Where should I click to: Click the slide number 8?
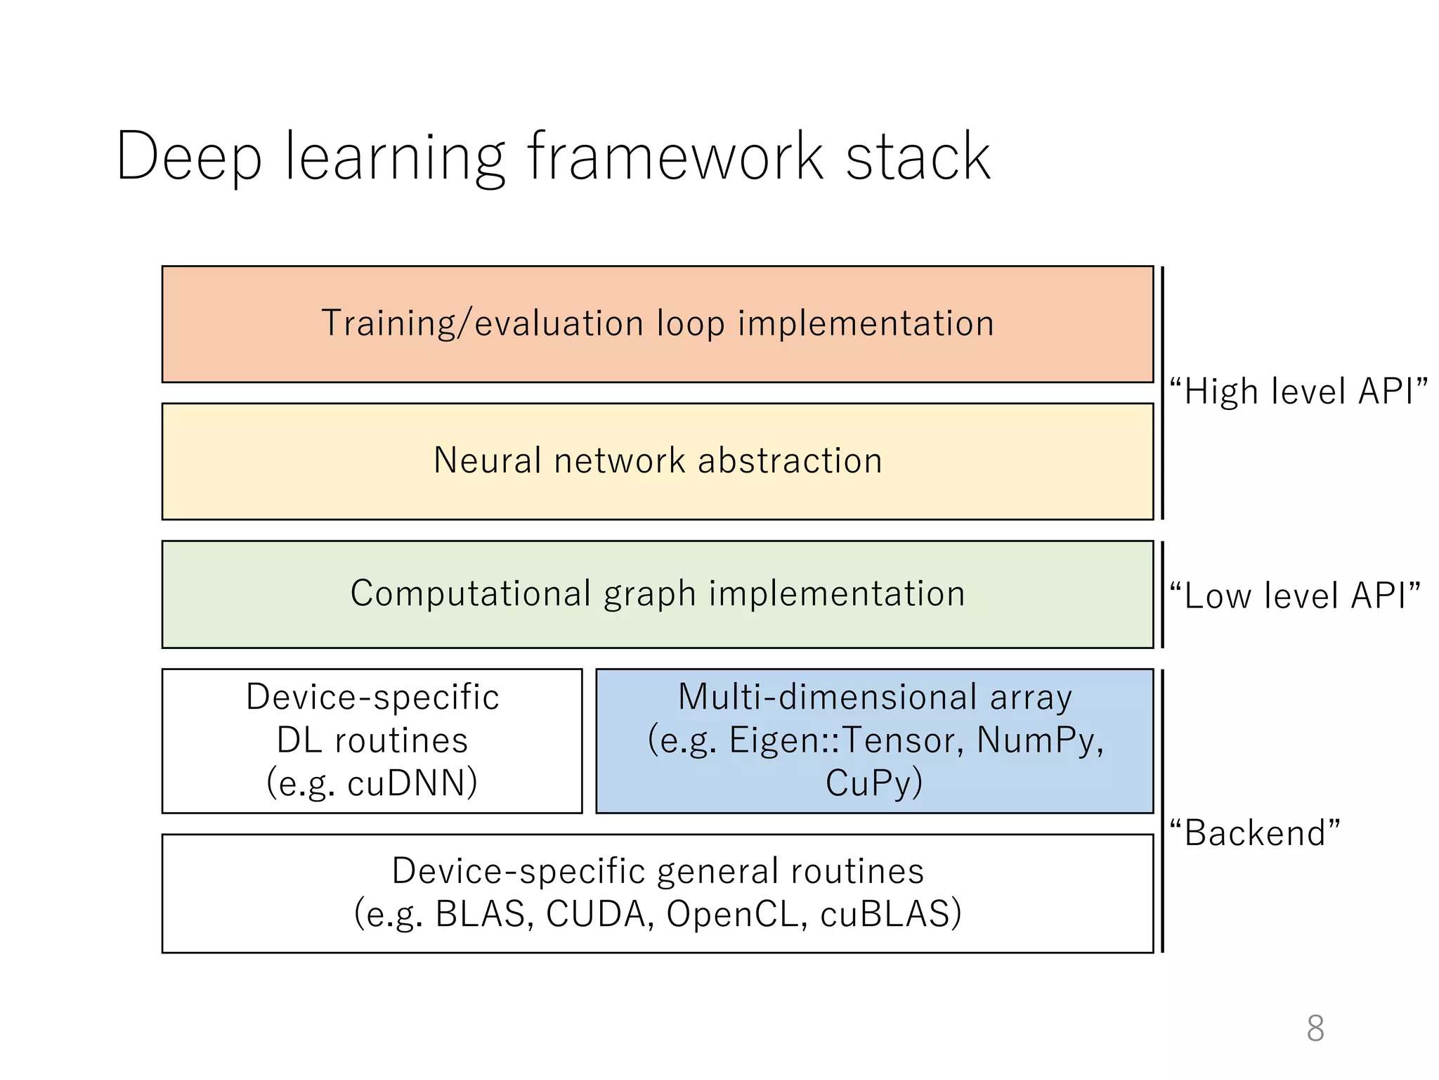[x=1315, y=1028]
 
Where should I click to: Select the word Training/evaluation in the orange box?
[x=482, y=323]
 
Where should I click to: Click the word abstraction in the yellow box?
[x=790, y=461]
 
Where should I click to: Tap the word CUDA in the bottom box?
[x=596, y=914]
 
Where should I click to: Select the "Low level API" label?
[x=1294, y=595]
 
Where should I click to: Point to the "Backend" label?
[x=1255, y=832]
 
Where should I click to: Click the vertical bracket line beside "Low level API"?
[x=1163, y=594]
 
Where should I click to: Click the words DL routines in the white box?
[x=372, y=740]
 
